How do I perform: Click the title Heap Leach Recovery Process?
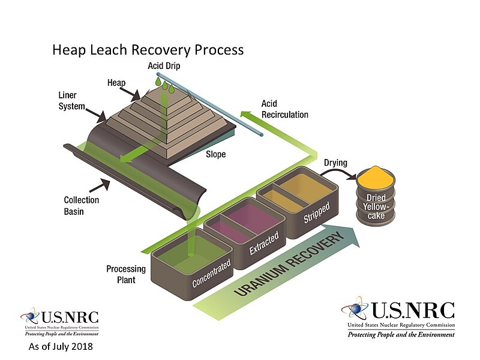148,49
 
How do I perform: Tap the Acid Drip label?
164,65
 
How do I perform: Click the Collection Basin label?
82,205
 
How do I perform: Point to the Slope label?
216,154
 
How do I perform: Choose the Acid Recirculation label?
284,109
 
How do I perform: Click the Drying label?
336,163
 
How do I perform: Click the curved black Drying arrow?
339,174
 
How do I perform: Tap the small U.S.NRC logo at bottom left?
59,322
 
